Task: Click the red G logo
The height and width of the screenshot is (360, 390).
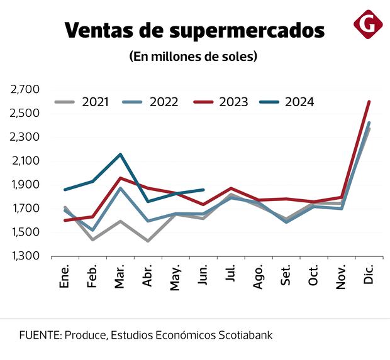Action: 368,25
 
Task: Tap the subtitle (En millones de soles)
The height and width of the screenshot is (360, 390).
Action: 194,57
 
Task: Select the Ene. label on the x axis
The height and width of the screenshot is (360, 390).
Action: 65,276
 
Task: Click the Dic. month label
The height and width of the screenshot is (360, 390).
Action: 368,276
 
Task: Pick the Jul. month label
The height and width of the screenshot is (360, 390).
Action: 231,277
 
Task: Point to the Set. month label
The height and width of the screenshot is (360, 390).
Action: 286,276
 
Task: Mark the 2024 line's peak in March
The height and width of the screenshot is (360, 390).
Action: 120,154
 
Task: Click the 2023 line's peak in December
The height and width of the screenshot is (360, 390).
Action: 369,101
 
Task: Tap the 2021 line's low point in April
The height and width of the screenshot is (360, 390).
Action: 148,241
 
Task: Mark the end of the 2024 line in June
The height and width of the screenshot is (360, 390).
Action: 203,190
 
